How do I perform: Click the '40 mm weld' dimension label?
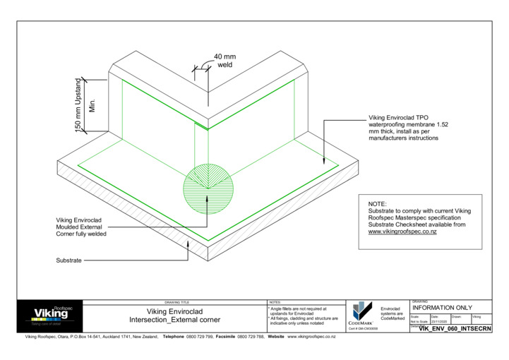pyautogui.click(x=224, y=60)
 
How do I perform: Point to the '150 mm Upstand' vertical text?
pyautogui.click(x=79, y=104)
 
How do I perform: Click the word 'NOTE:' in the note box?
pyautogui.click(x=378, y=203)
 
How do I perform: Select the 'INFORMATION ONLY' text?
pyautogui.click(x=442, y=308)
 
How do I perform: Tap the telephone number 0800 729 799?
pyautogui.click(x=199, y=337)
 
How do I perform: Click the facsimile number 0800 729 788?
pyautogui.click(x=251, y=337)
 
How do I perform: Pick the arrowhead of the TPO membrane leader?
pyautogui.click(x=324, y=162)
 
